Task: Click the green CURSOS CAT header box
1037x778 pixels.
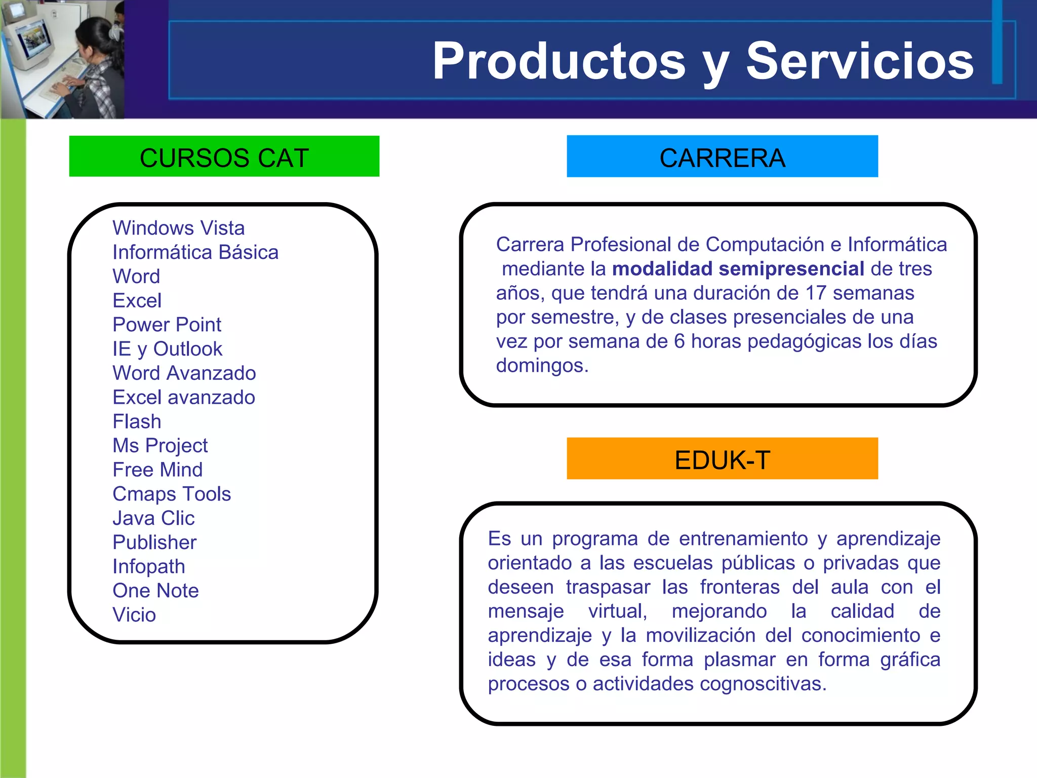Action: pyautogui.click(x=224, y=157)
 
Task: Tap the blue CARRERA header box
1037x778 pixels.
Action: pyautogui.click(x=722, y=157)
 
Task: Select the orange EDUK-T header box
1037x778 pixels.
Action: pyautogui.click(x=722, y=459)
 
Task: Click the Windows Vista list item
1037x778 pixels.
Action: pyautogui.click(x=178, y=228)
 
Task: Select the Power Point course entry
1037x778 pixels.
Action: pyautogui.click(x=167, y=325)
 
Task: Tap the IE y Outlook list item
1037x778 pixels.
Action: pyautogui.click(x=167, y=349)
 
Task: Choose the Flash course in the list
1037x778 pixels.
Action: pyautogui.click(x=137, y=421)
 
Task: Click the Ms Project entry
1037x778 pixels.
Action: pyautogui.click(x=160, y=446)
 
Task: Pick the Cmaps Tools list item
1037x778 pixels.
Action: pyautogui.click(x=172, y=494)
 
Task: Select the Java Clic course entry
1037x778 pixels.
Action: pyautogui.click(x=153, y=518)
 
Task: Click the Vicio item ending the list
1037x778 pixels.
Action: pyautogui.click(x=134, y=615)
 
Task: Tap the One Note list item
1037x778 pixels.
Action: pyautogui.click(x=155, y=591)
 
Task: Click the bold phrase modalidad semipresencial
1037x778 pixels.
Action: pyautogui.click(x=738, y=268)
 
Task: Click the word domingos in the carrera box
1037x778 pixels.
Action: pyautogui.click(x=541, y=366)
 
